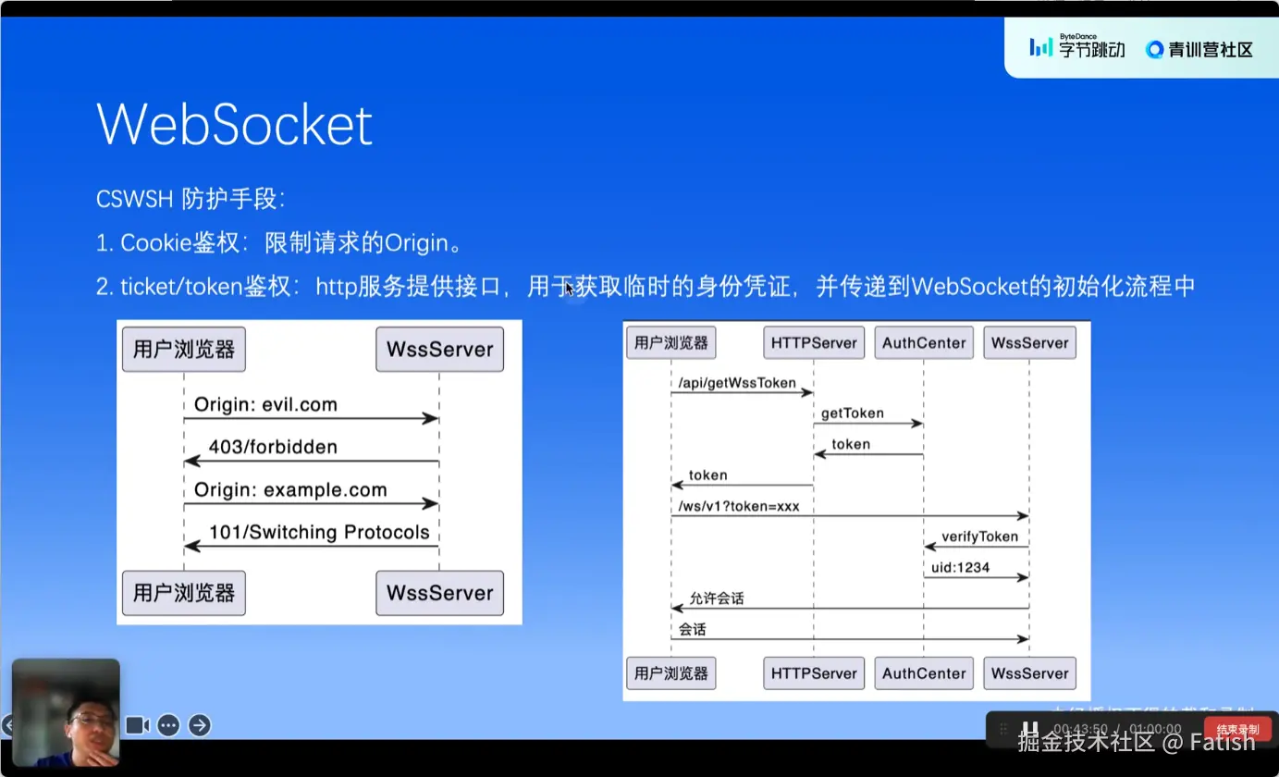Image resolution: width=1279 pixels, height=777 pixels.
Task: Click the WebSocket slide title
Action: (x=234, y=124)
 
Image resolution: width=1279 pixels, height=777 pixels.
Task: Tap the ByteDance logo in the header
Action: (x=1076, y=47)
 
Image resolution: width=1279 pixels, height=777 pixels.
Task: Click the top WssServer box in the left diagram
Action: (x=439, y=350)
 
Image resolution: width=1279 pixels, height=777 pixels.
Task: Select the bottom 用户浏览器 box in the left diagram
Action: (x=184, y=593)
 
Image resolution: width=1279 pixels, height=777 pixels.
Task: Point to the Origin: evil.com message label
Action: (x=265, y=404)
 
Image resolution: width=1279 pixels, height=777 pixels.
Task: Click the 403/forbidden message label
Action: (x=273, y=448)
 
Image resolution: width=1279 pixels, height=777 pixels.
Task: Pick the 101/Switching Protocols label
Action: (x=319, y=532)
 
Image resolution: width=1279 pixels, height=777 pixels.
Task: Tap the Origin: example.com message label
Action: (x=290, y=490)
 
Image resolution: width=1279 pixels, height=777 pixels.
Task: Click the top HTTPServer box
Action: (x=814, y=343)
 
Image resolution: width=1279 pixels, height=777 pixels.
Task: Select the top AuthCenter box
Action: (x=924, y=343)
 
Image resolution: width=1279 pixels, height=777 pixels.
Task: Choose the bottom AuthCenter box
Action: (x=924, y=673)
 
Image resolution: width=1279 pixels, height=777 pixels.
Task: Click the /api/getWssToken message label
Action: (x=737, y=382)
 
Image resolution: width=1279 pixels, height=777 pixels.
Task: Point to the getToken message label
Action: (x=853, y=413)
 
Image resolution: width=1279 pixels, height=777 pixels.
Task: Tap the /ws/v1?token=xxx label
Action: (x=739, y=506)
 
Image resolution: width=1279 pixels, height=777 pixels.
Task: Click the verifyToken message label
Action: (x=979, y=536)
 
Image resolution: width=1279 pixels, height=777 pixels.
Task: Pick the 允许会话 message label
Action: (x=716, y=598)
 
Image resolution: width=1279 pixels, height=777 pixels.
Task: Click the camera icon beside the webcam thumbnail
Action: (x=138, y=725)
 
